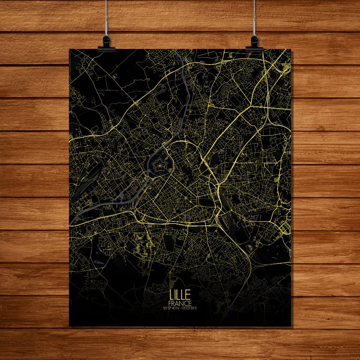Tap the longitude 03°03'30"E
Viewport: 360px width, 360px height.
click(x=189, y=308)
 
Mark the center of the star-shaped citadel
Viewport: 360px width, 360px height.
click(x=158, y=166)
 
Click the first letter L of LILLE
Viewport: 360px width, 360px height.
click(x=171, y=295)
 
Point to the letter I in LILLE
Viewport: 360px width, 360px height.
click(x=175, y=295)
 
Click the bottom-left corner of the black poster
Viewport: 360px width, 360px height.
click(x=69, y=326)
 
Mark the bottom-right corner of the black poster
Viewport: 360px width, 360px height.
click(x=291, y=326)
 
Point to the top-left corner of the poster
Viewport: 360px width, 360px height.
click(x=69, y=49)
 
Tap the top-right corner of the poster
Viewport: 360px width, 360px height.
click(x=291, y=49)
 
